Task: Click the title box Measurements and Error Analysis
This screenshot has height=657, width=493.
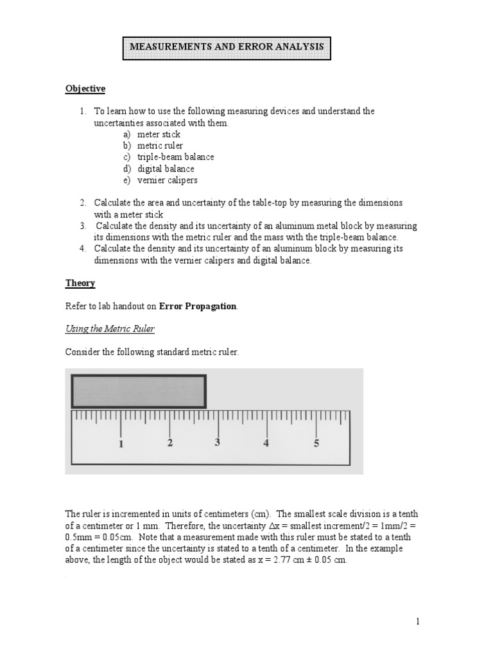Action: tap(227, 48)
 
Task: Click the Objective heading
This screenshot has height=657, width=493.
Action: tap(85, 89)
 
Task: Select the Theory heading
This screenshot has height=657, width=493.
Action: tap(80, 283)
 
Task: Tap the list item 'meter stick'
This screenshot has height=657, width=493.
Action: tap(159, 134)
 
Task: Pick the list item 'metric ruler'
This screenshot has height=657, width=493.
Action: tap(160, 146)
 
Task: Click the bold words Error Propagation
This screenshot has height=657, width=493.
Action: tap(198, 307)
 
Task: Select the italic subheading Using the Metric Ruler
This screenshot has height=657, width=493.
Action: tap(110, 329)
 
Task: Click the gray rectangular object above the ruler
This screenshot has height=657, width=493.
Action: tap(138, 391)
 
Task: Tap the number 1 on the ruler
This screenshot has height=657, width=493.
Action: tap(121, 444)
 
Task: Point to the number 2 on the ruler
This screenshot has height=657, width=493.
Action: tap(169, 443)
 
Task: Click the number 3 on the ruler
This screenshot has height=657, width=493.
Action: tap(218, 443)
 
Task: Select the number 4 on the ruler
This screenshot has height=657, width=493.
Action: tap(266, 443)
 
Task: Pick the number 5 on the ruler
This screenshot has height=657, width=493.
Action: tap(316, 443)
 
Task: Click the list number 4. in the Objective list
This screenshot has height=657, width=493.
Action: tap(83, 249)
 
